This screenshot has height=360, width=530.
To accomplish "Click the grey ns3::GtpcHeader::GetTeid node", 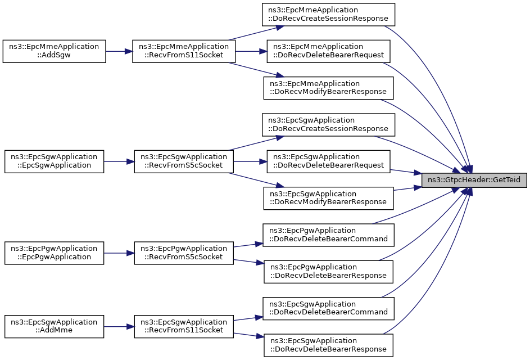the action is coord(474,180).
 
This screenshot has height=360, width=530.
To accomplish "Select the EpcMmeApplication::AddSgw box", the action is coord(54,51).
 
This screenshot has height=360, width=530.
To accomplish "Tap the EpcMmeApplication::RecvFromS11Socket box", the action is coord(184,51).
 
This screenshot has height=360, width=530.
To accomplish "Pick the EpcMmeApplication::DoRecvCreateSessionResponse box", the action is coord(328,15).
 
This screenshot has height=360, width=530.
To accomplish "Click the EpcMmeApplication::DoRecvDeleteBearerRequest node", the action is coord(328,51).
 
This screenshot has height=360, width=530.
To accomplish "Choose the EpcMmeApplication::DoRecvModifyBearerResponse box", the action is coord(328,88).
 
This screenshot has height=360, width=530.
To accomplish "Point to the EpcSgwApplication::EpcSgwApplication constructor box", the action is coord(54,162).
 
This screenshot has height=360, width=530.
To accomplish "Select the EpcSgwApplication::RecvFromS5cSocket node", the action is coord(184,162).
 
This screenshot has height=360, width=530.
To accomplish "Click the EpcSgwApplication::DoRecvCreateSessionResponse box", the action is coord(328,125).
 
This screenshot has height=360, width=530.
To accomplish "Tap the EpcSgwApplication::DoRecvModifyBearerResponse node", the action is coord(328,198).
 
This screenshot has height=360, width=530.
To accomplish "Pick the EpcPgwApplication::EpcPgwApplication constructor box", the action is coord(54,253).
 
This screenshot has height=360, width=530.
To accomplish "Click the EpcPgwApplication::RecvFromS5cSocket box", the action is coord(184,253).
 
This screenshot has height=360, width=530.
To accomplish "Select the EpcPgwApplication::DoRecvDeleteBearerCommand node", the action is coord(328,235).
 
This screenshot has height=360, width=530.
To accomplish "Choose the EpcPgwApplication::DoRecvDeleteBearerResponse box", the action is coord(328,272).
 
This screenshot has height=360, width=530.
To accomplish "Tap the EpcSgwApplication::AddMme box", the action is coord(54,326).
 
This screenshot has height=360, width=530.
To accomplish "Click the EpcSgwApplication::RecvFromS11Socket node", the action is coord(184,326).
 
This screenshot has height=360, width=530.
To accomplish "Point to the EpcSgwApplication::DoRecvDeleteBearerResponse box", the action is coord(328,345).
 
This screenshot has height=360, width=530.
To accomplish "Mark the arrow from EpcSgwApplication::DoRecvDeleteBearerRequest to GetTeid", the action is coord(406,172).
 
